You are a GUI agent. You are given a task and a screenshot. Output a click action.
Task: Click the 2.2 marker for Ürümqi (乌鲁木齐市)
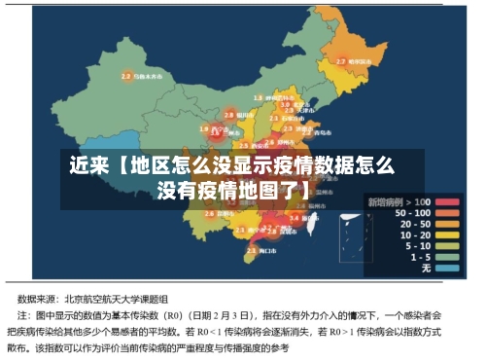pyautogui.click(x=125, y=75)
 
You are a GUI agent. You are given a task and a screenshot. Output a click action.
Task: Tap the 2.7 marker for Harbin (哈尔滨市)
pyautogui.click(x=341, y=61)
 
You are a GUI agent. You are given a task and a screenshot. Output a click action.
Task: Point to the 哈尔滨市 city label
pyautogui.click(x=363, y=61)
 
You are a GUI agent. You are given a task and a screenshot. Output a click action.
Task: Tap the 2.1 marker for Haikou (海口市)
pyautogui.click(x=251, y=251)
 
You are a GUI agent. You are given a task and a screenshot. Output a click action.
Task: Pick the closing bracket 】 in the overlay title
pyautogui.click(x=305, y=189)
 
